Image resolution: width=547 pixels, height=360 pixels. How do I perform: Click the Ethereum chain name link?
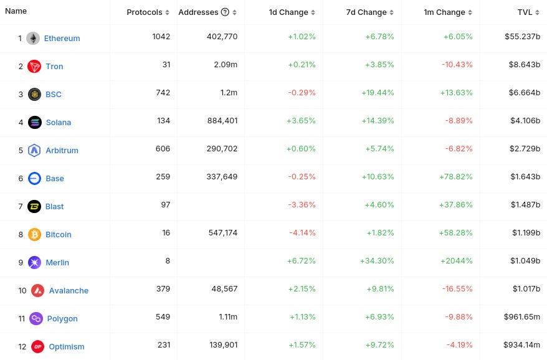62,39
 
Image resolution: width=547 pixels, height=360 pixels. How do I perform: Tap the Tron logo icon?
34,67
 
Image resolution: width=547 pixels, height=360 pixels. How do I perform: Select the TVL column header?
525,12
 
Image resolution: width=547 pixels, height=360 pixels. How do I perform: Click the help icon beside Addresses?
225,12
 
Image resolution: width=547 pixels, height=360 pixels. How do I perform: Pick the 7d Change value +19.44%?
378,93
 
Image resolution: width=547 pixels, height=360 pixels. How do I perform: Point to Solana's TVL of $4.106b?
522,121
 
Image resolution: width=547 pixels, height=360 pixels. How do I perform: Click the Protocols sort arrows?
168,12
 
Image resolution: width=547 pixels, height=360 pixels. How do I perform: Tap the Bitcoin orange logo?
34,235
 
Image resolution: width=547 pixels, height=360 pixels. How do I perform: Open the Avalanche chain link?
69,291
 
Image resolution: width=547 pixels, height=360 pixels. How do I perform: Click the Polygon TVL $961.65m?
521,317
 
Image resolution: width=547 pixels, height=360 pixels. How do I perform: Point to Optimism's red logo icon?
37,347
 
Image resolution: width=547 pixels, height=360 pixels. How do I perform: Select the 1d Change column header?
288,12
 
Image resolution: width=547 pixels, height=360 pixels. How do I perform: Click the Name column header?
16,11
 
